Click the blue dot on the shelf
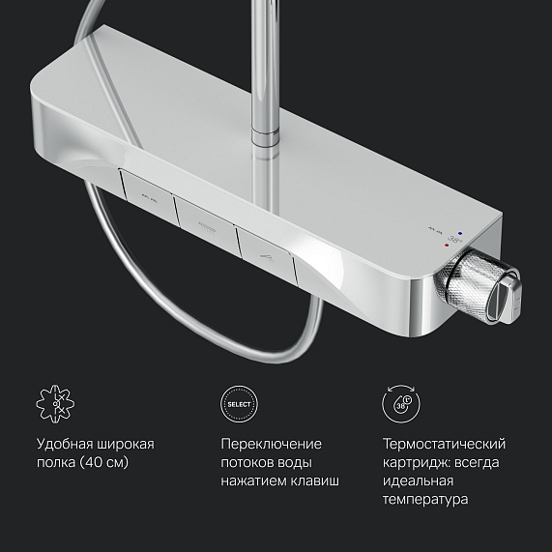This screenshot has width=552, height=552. pos(460,233)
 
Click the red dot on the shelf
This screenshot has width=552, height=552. pos(447,246)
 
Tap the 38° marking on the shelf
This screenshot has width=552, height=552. pos(455,240)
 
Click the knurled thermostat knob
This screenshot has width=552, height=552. pos(477,288)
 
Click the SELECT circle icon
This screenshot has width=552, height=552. pos(239,404)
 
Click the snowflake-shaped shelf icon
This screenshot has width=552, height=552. pos(55,404)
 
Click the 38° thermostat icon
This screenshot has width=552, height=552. pos(401,403)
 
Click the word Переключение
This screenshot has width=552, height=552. pos(271,444)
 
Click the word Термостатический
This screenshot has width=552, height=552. pos(444,444)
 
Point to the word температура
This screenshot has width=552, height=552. pos(425,500)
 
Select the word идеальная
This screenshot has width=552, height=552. pos(418,480)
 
